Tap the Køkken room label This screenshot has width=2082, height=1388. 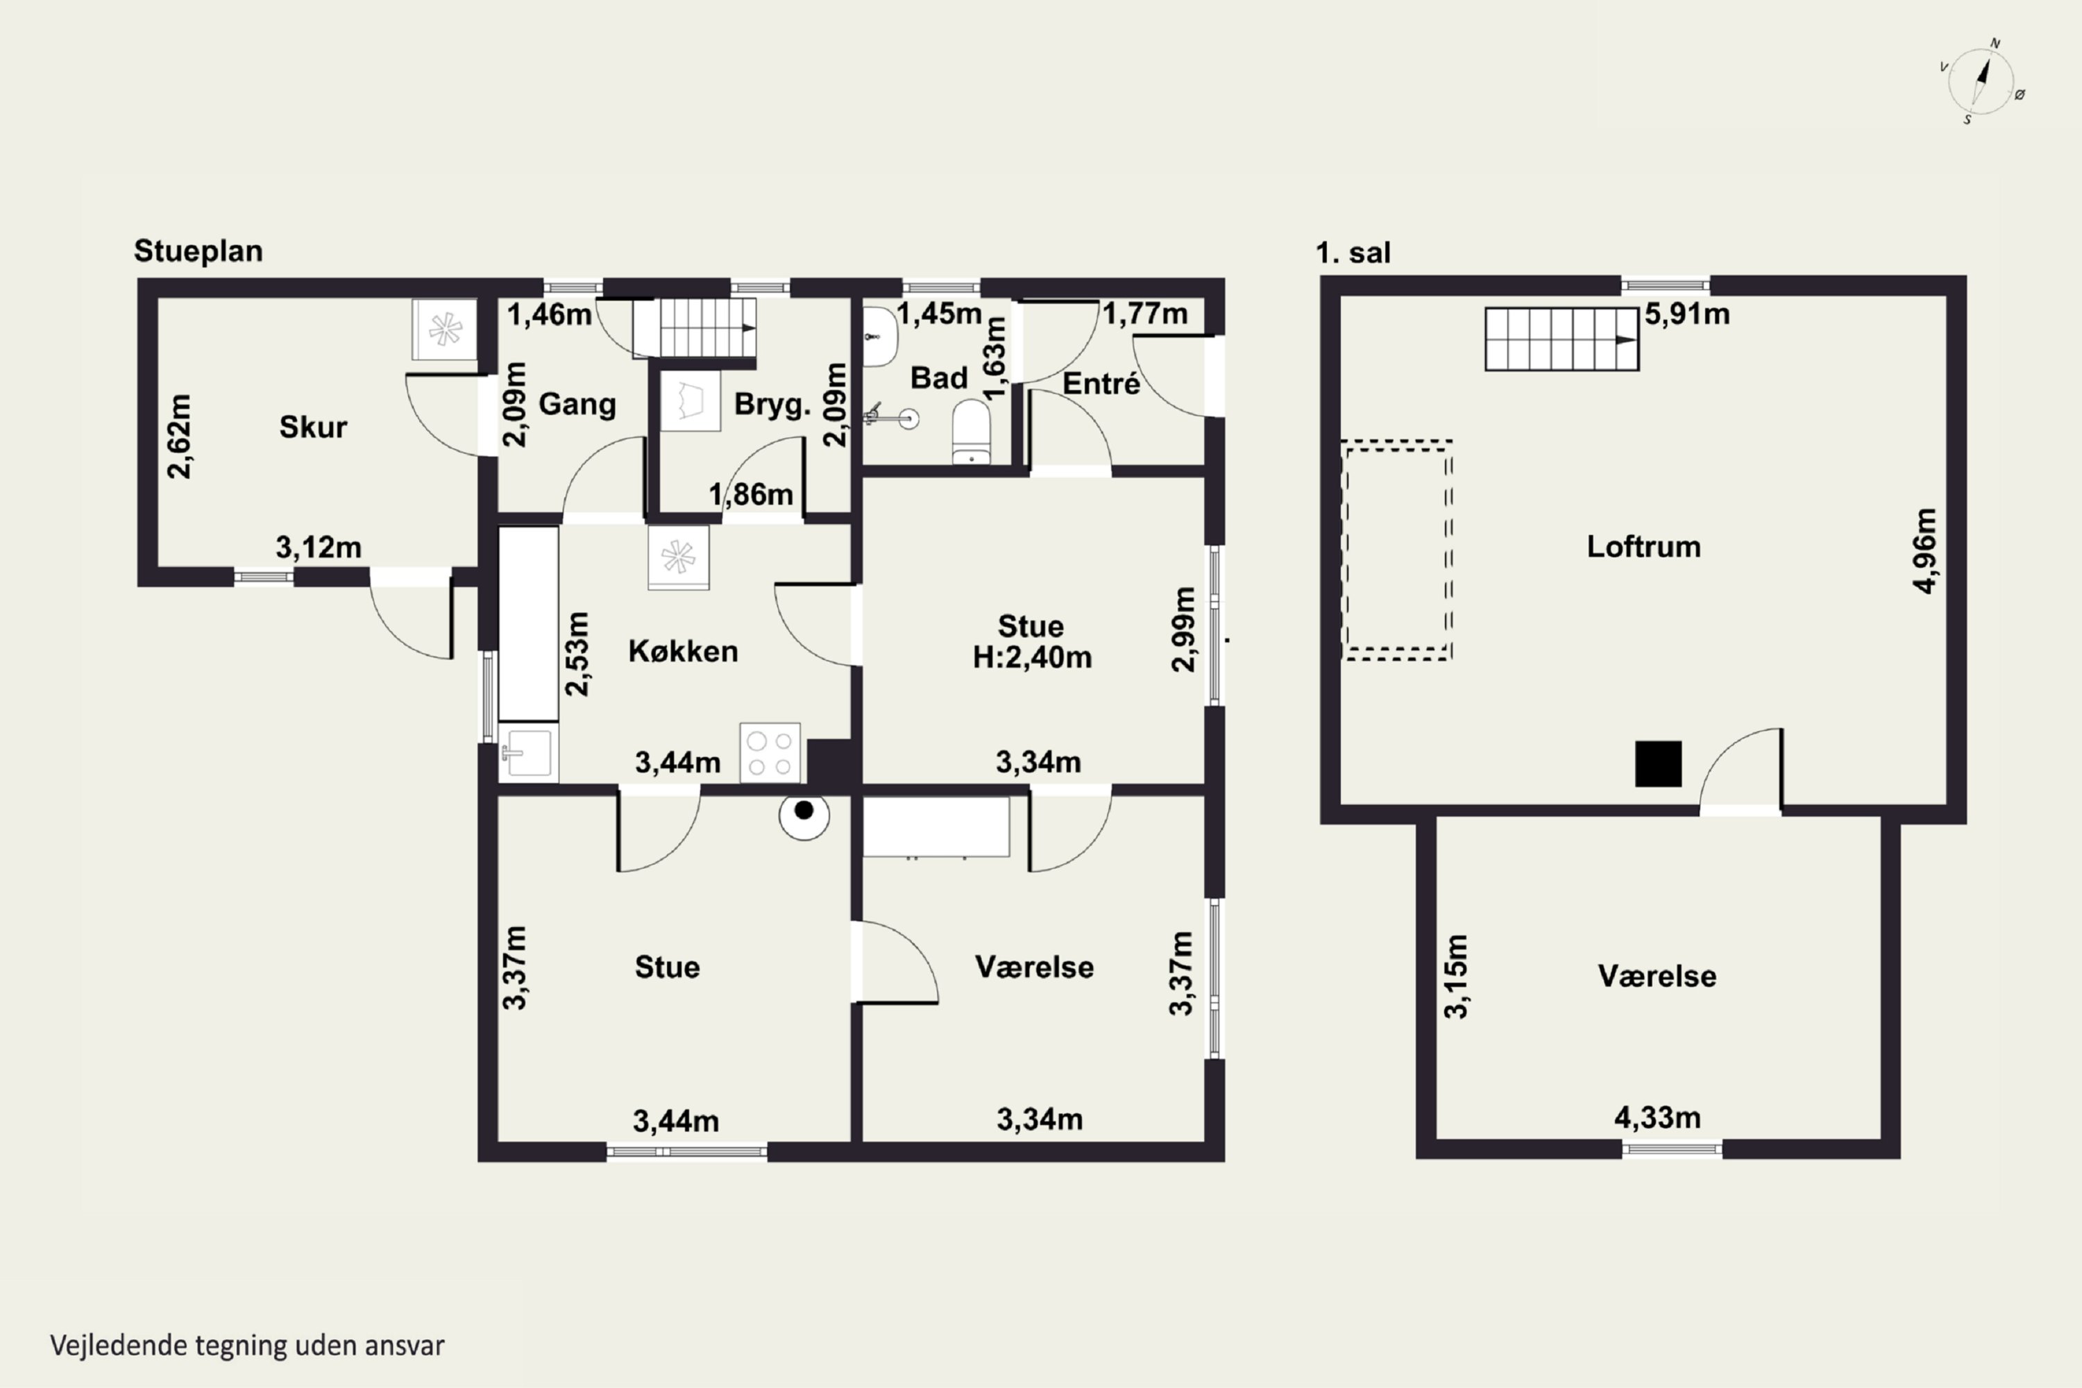coord(682,652)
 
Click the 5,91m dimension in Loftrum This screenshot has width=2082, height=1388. coord(1687,314)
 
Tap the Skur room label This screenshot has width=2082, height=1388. coord(314,428)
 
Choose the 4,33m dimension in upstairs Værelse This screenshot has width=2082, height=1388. coord(1657,1118)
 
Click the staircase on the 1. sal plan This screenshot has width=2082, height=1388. coord(1561,339)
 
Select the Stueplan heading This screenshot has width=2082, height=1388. coord(198,251)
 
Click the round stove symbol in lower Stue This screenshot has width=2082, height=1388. coord(804,815)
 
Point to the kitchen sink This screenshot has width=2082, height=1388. coord(527,753)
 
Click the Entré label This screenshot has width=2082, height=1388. coord(1101,384)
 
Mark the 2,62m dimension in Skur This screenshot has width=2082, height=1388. coord(180,437)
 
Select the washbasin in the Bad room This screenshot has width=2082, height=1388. coord(880,337)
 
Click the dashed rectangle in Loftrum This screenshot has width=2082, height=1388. coord(1397,550)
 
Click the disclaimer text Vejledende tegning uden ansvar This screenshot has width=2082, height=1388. coord(247,1346)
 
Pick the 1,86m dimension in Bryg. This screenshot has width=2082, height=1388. coord(751,495)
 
